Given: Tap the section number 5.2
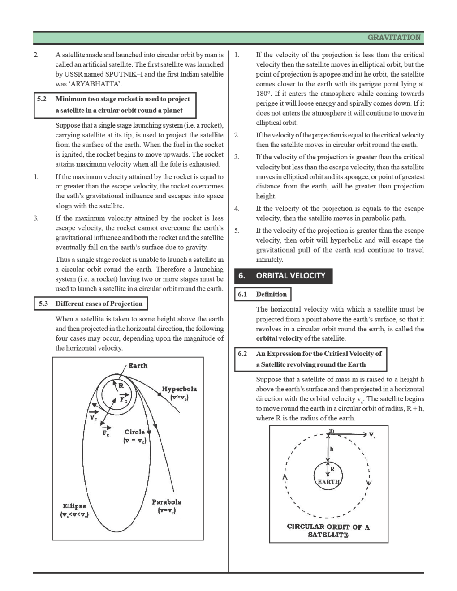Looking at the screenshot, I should (42, 99).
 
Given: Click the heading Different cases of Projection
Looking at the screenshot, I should (99, 304).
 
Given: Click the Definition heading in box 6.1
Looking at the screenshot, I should (271, 294).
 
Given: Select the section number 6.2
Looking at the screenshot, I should (242, 354).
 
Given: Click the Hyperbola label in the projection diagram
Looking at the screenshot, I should (179, 389).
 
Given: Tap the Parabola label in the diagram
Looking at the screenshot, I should (166, 502).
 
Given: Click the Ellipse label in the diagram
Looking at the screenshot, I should (74, 506).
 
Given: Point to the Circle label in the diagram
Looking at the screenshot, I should (134, 432).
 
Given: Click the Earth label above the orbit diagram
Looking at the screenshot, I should (138, 366).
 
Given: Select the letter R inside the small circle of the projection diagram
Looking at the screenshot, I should (121, 385).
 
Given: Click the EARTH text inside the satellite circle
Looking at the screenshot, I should (328, 482).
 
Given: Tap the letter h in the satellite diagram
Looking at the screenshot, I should (332, 449).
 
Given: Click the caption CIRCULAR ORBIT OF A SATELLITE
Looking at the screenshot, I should (328, 531).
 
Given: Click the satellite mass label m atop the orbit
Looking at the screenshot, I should (332, 431).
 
